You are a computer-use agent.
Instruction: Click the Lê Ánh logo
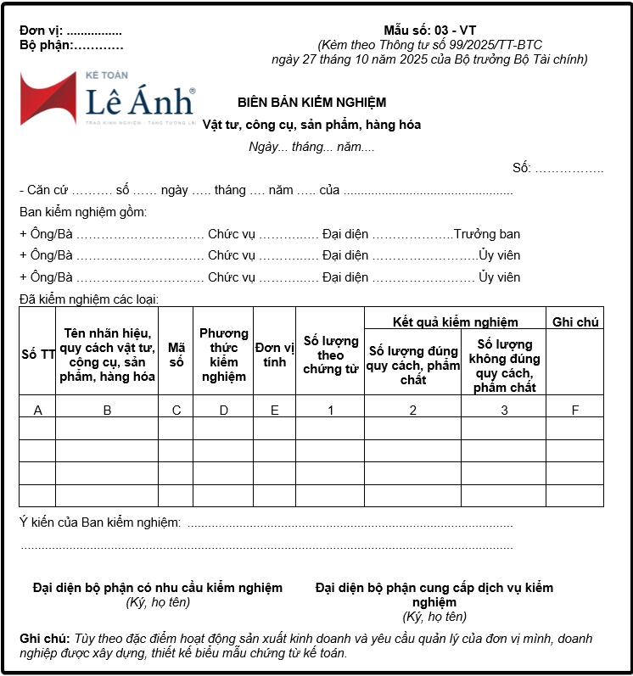[107, 98]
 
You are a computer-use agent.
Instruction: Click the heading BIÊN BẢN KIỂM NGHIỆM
[311, 103]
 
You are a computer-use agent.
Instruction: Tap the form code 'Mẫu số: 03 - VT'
[429, 31]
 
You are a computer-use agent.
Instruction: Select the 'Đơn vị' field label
[41, 31]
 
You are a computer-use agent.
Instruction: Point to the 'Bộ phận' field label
[46, 46]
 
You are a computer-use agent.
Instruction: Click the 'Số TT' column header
[37, 355]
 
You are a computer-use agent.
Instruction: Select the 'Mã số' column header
[176, 355]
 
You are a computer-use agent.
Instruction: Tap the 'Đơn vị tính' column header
[274, 355]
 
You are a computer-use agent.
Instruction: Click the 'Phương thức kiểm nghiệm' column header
[223, 355]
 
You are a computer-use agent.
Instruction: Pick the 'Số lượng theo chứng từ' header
[330, 355]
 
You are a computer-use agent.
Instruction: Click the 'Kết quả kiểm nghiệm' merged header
[455, 322]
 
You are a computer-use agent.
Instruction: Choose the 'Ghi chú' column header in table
[575, 322]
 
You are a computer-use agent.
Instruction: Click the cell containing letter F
[575, 411]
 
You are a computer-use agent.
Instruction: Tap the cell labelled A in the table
[37, 411]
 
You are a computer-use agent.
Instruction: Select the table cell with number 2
[413, 411]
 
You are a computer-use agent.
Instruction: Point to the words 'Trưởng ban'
[487, 234]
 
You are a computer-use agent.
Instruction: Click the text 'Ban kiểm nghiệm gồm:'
[83, 212]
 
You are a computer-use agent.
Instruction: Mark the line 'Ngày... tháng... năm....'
[311, 147]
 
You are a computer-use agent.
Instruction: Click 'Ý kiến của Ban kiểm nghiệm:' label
[99, 522]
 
